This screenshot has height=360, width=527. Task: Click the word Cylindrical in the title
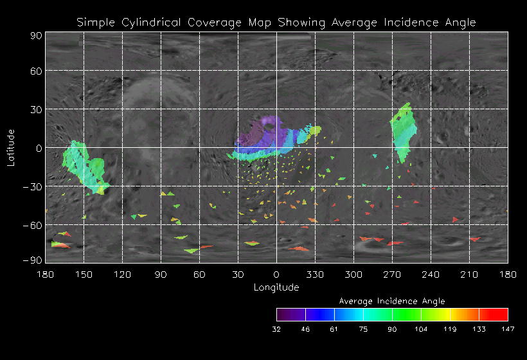point(152,22)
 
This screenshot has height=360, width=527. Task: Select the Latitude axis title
point(11,147)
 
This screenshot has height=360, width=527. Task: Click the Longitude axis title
point(276,287)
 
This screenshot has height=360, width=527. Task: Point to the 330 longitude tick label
point(315,275)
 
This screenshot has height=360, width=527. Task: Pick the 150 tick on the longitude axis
point(84,275)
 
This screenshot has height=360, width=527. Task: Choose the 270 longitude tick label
point(392,275)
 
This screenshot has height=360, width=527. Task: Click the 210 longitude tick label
point(469,275)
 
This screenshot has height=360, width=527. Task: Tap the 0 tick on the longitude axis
point(276,275)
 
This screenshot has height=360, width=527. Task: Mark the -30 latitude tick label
point(32,187)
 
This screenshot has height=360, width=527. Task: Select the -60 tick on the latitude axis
point(32,226)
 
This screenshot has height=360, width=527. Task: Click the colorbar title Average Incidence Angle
point(392,301)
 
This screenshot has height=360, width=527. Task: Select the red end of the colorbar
point(501,314)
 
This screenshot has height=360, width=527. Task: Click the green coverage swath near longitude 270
point(404,132)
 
